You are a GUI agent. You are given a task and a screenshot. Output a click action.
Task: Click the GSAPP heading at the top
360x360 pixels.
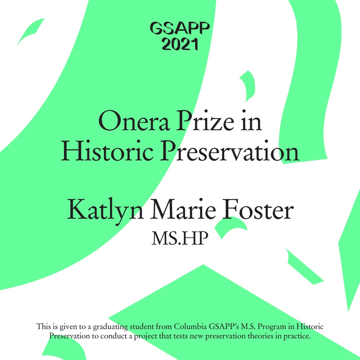click(180, 28)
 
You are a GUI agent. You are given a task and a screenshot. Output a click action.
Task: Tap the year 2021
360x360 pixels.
click(180, 44)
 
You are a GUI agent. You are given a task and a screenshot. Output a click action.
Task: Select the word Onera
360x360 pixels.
click(134, 121)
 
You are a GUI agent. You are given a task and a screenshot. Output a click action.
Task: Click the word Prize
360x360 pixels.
click(205, 121)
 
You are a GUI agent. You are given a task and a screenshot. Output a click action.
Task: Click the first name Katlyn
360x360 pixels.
click(105, 210)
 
